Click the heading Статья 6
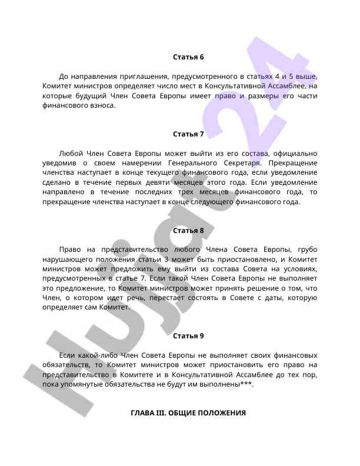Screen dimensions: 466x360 point(188,57)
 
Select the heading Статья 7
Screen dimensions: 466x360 point(188,134)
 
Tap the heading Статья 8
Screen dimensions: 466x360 point(188,230)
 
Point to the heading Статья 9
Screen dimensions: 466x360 point(188,336)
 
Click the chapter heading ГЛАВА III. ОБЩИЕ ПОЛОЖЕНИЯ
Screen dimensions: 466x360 point(188,413)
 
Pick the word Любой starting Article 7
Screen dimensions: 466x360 point(72,153)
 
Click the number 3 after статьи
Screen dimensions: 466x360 point(166,259)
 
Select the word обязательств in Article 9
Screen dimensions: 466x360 point(65,365)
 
